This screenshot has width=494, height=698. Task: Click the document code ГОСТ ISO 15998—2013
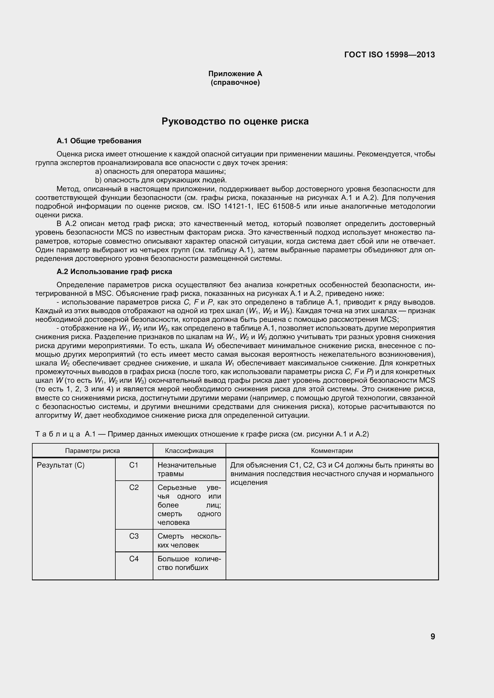click(x=390, y=55)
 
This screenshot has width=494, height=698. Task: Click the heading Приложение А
click(x=235, y=73)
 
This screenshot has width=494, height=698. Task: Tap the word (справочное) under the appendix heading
click(x=235, y=83)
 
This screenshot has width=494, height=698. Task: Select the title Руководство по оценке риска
click(x=235, y=121)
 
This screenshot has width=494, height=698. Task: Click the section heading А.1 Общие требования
click(x=99, y=141)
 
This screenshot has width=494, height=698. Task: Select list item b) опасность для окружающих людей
click(x=161, y=180)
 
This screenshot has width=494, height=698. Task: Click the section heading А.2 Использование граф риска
click(x=114, y=271)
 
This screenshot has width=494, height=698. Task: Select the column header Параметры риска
click(x=92, y=451)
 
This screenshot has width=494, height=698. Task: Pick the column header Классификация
click(x=189, y=451)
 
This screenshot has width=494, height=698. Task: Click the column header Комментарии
click(x=332, y=451)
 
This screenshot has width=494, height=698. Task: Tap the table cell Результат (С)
click(x=61, y=465)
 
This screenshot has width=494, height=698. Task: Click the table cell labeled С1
click(x=134, y=465)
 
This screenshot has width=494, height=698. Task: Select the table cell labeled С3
click(x=134, y=536)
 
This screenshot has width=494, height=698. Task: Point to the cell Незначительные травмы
click(x=187, y=469)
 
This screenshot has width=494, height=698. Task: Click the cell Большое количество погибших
click(x=189, y=563)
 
